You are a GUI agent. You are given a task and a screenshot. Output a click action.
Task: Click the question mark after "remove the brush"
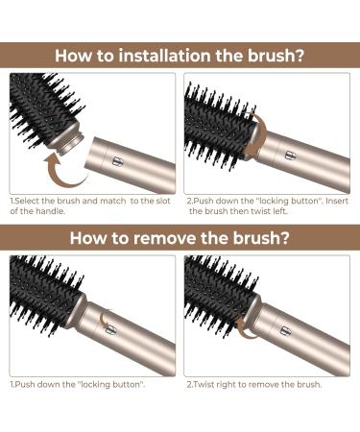tap(284, 238)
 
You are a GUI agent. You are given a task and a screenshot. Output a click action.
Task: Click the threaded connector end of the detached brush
tap(72, 140)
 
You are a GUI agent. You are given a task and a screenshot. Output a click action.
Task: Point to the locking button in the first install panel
tap(116, 161)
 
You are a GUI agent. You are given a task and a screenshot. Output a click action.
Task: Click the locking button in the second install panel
tap(289, 156)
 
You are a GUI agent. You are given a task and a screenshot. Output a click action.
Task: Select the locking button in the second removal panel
tap(285, 330)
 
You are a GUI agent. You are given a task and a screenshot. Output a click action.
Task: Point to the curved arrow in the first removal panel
tap(104, 318)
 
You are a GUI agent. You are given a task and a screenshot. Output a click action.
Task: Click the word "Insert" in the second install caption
tap(337, 201)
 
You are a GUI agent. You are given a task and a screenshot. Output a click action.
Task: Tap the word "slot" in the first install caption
tap(163, 201)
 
